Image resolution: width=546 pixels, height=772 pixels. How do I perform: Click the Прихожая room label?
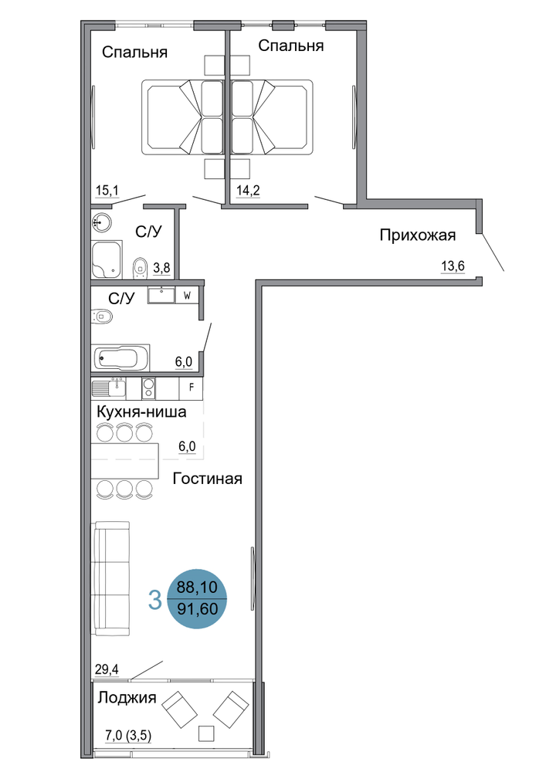click(418, 235)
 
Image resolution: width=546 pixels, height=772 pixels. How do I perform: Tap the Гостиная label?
click(207, 479)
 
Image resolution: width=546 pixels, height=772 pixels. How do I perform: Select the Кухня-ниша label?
click(142, 411)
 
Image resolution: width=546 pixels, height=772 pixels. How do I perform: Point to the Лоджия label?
click(127, 698)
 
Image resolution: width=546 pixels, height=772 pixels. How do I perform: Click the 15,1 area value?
click(107, 190)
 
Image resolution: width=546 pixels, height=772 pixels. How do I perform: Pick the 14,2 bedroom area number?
click(248, 190)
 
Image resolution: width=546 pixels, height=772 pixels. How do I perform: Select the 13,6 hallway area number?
click(453, 266)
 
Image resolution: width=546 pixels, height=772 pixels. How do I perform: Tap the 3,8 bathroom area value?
click(161, 268)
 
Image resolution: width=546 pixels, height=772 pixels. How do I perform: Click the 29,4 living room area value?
click(107, 669)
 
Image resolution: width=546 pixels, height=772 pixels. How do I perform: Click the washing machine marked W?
click(187, 296)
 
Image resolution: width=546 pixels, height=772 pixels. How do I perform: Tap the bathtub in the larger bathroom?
click(120, 358)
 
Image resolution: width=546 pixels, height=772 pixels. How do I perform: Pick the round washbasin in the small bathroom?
click(101, 222)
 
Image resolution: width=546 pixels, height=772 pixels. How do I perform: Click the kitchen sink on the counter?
click(109, 388)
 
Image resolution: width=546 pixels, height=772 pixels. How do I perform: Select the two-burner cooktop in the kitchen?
click(149, 388)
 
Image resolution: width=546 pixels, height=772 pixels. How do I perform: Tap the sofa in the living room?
click(112, 578)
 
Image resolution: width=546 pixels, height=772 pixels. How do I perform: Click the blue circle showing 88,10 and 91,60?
click(198, 598)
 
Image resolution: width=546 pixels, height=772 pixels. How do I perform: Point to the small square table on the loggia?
click(207, 733)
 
